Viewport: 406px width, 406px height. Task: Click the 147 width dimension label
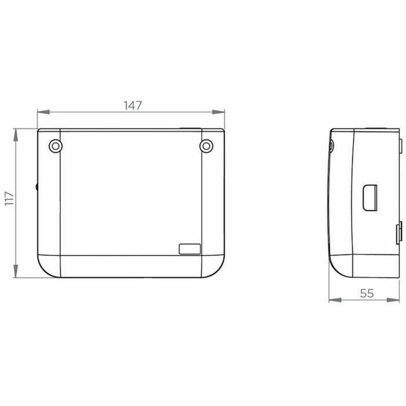point(133,106)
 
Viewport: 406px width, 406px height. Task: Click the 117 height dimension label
point(9,199)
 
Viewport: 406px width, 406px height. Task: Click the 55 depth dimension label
point(367,294)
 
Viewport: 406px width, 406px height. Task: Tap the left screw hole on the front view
point(55,146)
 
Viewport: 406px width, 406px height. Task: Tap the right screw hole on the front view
point(206,146)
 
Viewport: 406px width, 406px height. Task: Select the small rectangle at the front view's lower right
point(190,249)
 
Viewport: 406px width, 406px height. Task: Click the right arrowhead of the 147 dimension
point(218,112)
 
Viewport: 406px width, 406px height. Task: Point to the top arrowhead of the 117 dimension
point(16,135)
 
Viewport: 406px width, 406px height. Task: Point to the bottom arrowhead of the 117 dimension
point(16,271)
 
